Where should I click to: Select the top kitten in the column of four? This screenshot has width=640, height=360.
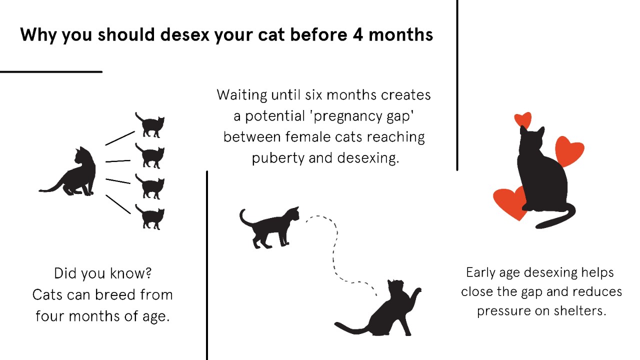click(150, 125)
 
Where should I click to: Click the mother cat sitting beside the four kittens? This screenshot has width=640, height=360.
click(75, 172)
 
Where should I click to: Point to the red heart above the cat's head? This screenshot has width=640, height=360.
click(523, 119)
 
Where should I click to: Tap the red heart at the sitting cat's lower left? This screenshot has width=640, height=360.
click(509, 201)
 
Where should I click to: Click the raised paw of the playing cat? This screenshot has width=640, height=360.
click(416, 292)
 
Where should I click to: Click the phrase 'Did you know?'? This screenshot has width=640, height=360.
click(103, 273)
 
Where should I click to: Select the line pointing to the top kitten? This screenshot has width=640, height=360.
click(120, 138)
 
